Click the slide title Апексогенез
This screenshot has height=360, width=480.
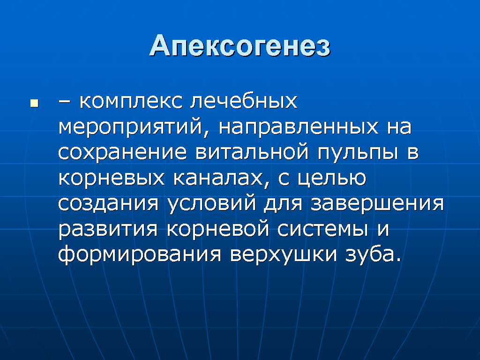coord(240,46)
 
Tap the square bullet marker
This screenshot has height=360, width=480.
coord(34,103)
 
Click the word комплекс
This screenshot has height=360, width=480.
coord(131,101)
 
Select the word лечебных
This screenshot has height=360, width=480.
coord(244,101)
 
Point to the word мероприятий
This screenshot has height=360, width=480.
coord(130,127)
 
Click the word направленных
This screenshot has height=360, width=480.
coord(299,127)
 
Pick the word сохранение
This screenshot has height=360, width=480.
coord(122,152)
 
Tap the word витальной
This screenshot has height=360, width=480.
coord(252,152)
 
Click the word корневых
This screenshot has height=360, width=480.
coord(112,178)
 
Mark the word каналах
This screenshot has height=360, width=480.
coord(217,178)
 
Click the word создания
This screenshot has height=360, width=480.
coord(108,203)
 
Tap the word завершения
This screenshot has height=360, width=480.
coord(377,203)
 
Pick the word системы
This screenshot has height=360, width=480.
coord(322,229)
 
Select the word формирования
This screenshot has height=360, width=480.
coord(140,254)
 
